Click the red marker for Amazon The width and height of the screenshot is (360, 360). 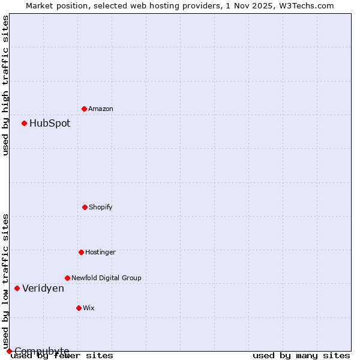click(x=84, y=109)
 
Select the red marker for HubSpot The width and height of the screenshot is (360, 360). click(x=24, y=123)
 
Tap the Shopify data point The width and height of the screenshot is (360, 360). click(x=85, y=207)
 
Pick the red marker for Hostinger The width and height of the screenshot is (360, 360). click(x=81, y=252)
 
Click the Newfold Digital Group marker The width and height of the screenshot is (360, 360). click(x=67, y=278)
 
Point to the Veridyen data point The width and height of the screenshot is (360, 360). click(x=17, y=288)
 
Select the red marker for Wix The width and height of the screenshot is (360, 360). click(x=79, y=308)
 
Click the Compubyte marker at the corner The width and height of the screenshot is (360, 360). click(x=9, y=351)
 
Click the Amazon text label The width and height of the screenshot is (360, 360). click(x=101, y=109)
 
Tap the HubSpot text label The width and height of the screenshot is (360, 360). click(x=50, y=123)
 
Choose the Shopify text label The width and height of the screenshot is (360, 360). click(x=101, y=207)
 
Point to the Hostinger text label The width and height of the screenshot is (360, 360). click(x=100, y=252)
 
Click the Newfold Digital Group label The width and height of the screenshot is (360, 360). click(x=106, y=278)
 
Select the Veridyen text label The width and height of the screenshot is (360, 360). click(x=43, y=288)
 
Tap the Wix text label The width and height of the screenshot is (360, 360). click(x=89, y=308)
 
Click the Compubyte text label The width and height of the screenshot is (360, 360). click(x=42, y=351)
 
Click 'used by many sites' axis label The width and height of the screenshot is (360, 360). click(x=301, y=355)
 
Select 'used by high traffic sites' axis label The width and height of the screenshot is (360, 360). click(x=5, y=85)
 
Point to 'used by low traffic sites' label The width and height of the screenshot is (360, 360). click(x=5, y=281)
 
